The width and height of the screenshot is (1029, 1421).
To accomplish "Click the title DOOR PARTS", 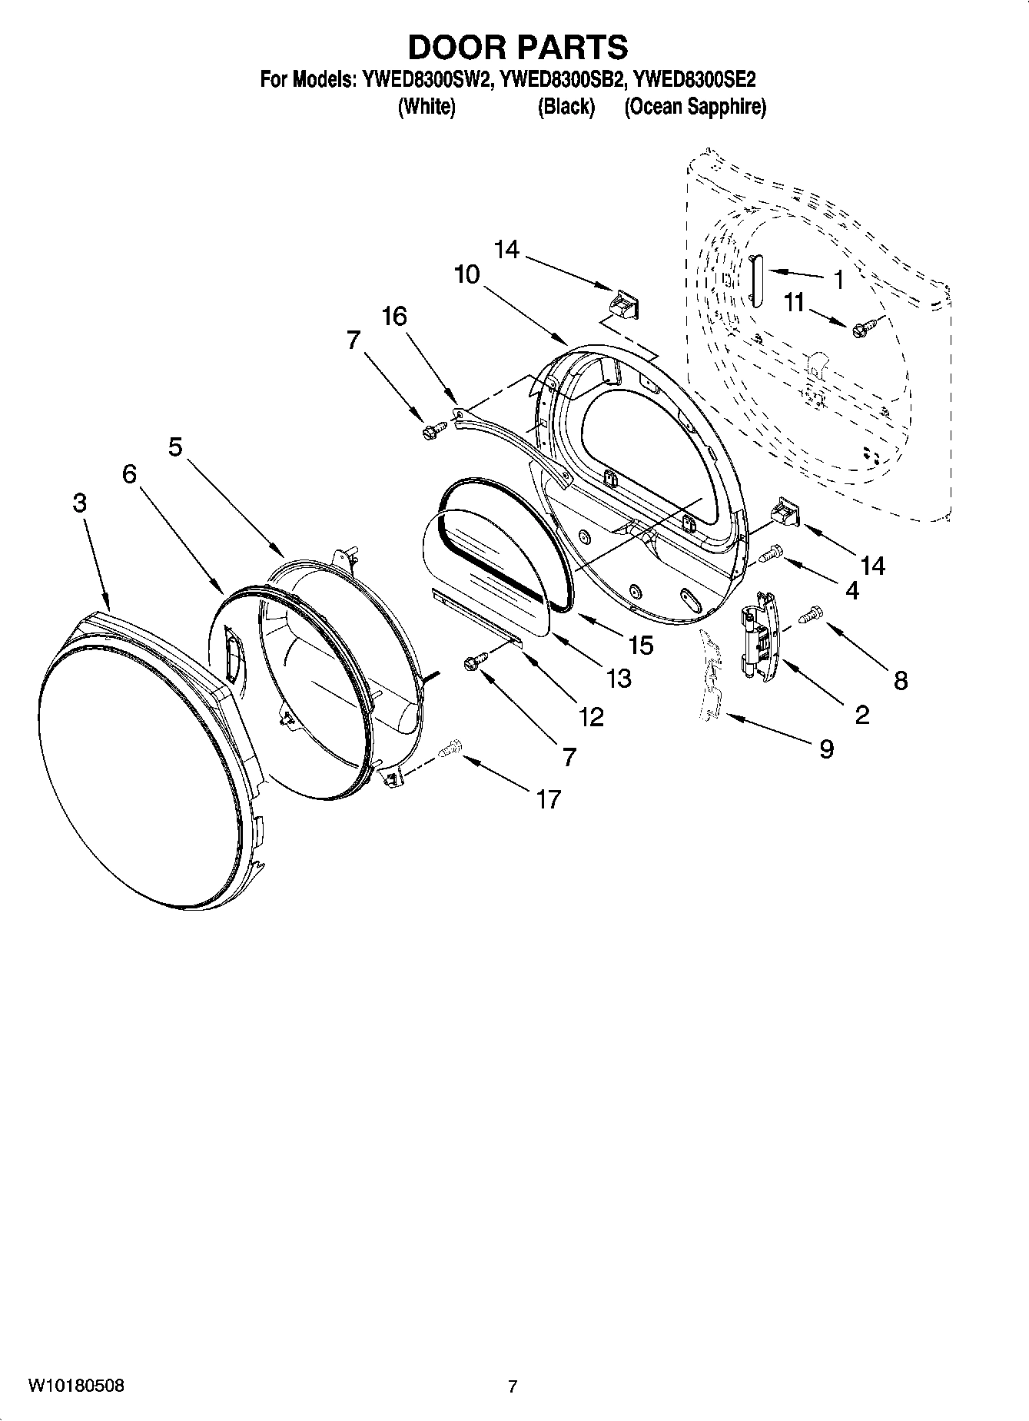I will [517, 48].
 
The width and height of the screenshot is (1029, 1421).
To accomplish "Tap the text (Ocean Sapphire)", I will [695, 107].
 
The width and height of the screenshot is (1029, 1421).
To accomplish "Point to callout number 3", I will [79, 503].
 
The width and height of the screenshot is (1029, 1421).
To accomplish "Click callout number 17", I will [548, 799].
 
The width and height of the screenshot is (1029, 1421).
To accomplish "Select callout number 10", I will [466, 274].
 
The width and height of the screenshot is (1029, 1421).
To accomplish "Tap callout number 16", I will [394, 316].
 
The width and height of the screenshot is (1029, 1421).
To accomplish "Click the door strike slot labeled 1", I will [755, 281].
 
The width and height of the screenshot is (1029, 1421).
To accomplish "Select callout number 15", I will [640, 644].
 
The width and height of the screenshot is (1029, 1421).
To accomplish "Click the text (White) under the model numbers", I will [427, 107].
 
